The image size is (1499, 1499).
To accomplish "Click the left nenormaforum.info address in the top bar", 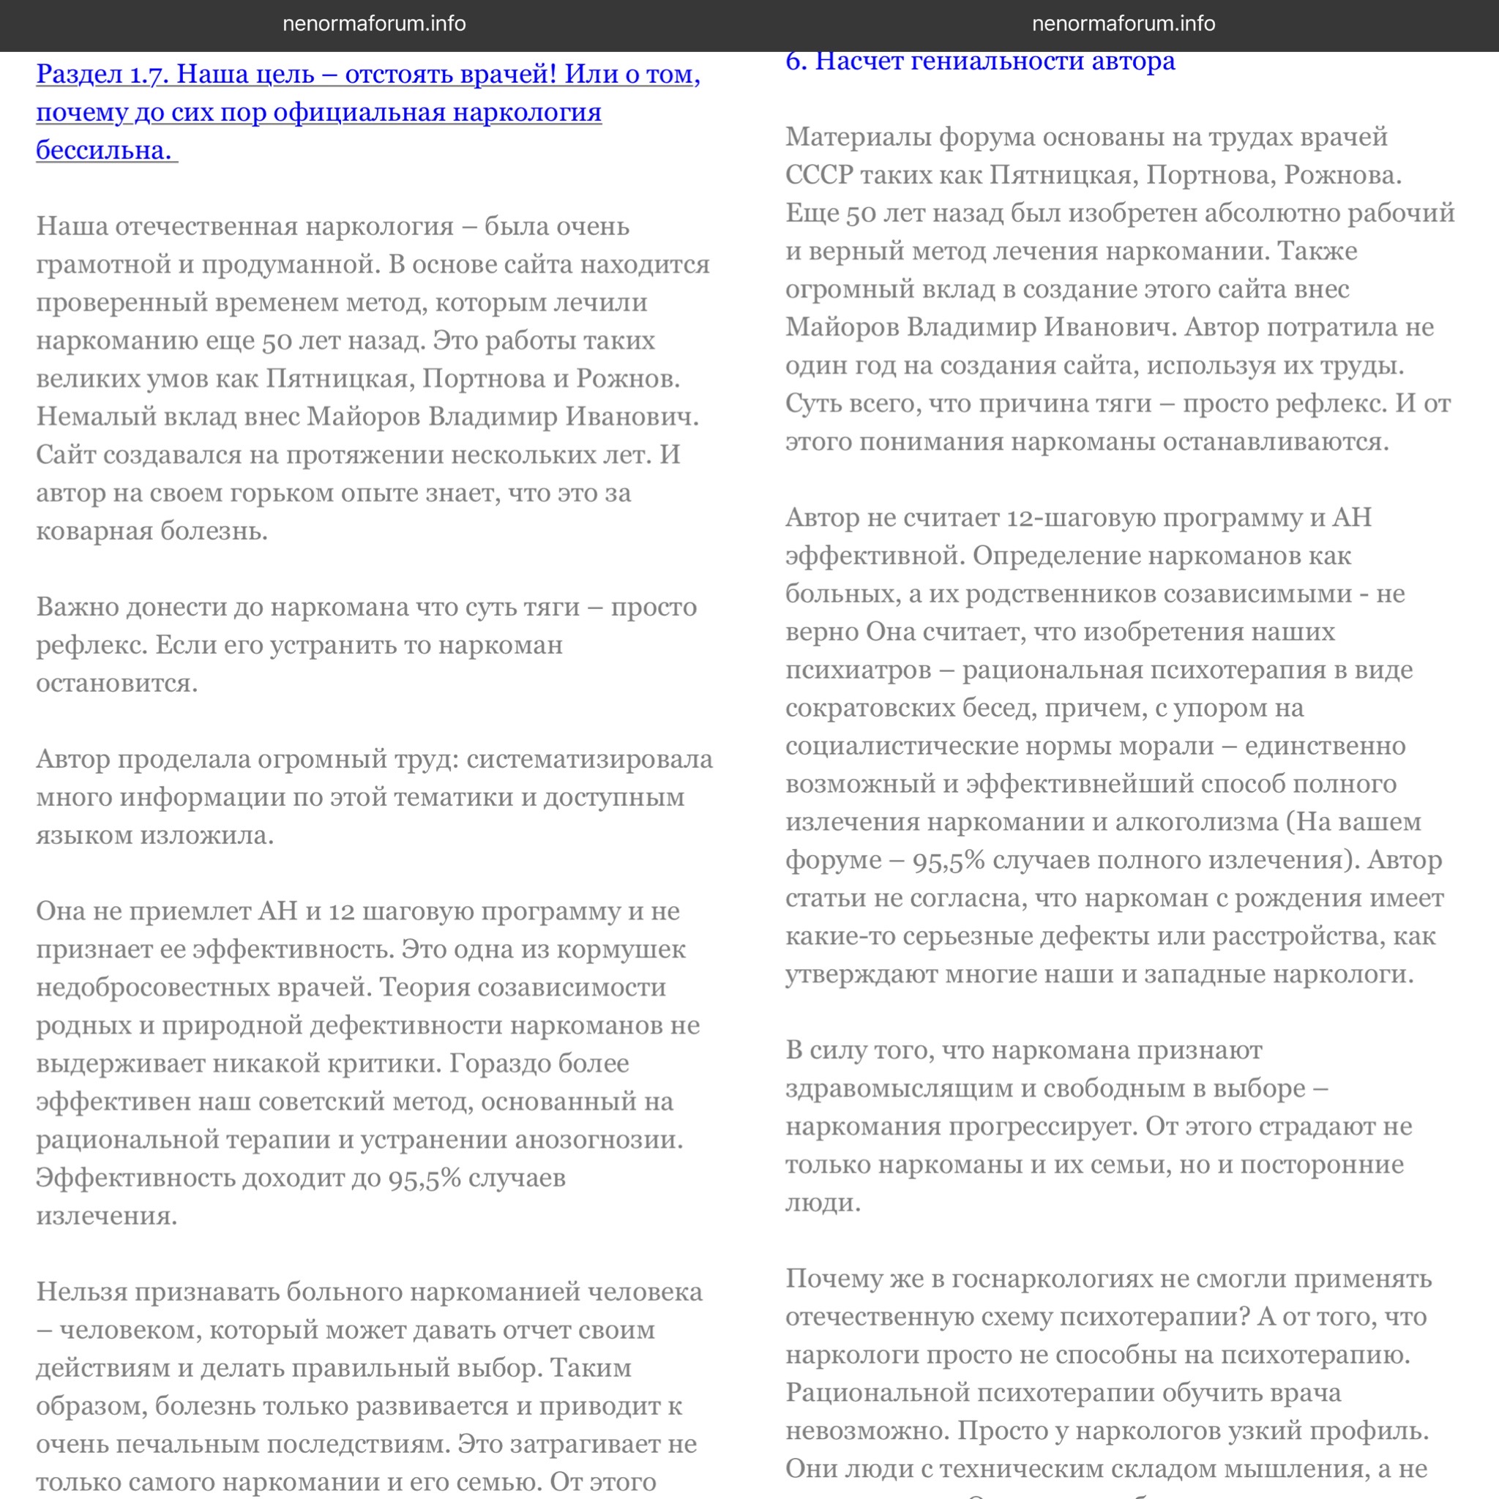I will coord(374,24).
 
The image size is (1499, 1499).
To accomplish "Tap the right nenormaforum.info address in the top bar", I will coord(1123,24).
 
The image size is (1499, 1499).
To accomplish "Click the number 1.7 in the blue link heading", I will coord(147,75).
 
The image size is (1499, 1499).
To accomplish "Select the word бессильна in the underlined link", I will coord(104,151).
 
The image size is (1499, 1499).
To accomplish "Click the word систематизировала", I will coord(589,760).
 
